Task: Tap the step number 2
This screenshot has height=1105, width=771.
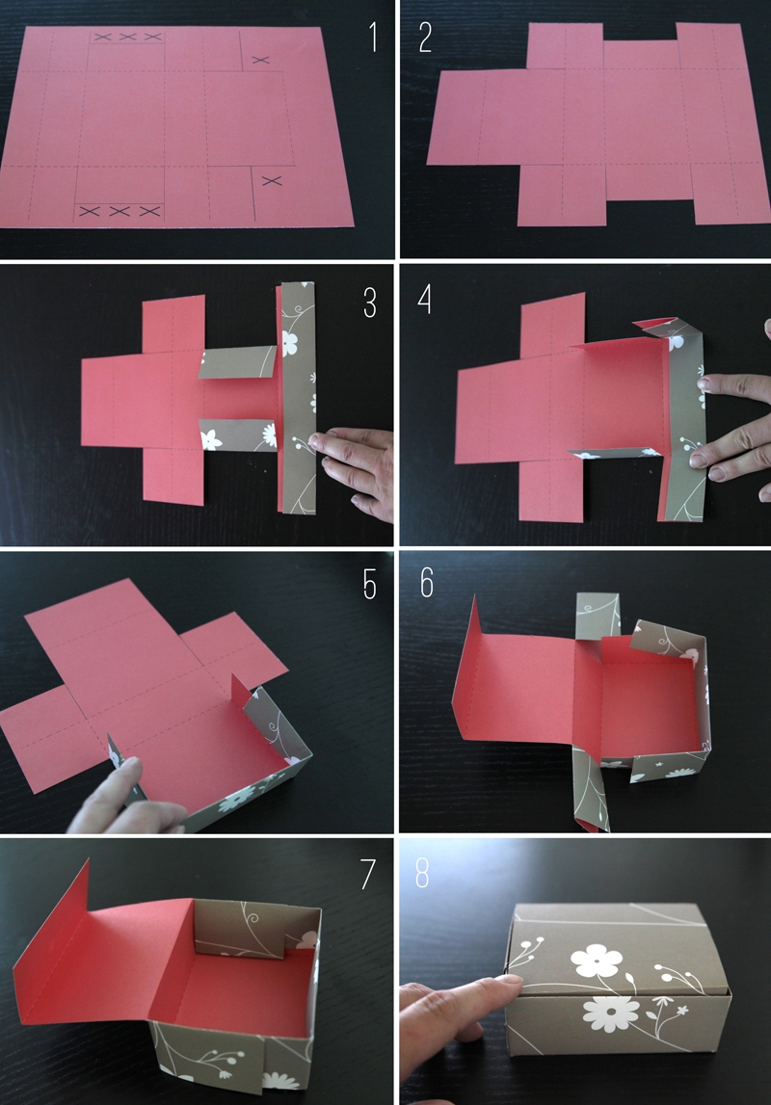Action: pyautogui.click(x=425, y=36)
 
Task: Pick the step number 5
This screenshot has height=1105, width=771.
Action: pyautogui.click(x=369, y=584)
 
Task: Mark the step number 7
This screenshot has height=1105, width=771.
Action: pyautogui.click(x=367, y=874)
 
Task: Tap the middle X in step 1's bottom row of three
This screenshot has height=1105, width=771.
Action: pyautogui.click(x=120, y=210)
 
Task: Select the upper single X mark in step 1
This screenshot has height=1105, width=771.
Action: pyautogui.click(x=259, y=60)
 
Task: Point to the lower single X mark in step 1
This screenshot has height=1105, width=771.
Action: pyautogui.click(x=271, y=180)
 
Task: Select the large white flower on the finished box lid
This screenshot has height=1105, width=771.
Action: pyautogui.click(x=589, y=960)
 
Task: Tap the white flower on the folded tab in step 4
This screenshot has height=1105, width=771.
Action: pyautogui.click(x=676, y=341)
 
